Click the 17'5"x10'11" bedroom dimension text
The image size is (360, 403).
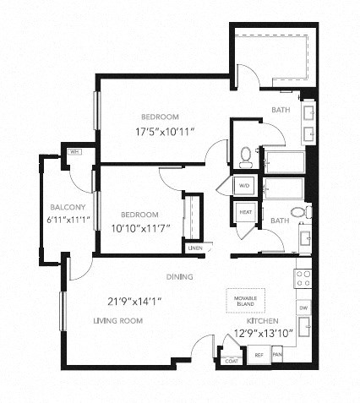[159, 131]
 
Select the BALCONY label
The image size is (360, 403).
[65, 207]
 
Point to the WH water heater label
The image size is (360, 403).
[74, 152]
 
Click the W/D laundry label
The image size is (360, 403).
[246, 184]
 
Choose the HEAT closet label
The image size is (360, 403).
[246, 212]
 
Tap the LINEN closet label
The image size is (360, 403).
[196, 248]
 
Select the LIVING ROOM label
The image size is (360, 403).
[118, 321]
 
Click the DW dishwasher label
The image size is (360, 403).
[303, 308]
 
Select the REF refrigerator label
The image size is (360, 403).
[259, 356]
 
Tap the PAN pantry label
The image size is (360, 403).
[277, 356]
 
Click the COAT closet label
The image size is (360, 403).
[230, 361]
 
